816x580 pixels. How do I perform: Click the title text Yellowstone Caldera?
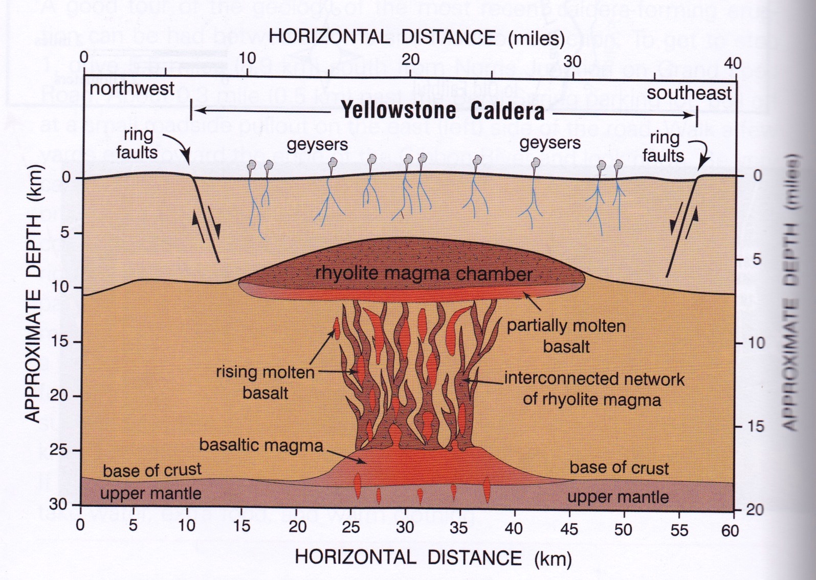coord(443,110)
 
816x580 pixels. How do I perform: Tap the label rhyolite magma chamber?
coord(424,274)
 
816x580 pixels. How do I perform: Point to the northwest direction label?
coord(132,88)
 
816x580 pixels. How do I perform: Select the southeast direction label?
coord(689,93)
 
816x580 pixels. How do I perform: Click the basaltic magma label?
coord(261,445)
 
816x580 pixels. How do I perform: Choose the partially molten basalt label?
coord(566,336)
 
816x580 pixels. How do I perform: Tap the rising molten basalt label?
coord(265,382)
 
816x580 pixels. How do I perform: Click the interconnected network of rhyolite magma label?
coord(593,389)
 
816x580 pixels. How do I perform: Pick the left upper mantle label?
coord(150,494)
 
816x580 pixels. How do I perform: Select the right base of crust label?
coord(619,467)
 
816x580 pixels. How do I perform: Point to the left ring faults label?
coord(137,144)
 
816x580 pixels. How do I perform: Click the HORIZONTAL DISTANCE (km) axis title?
coord(433,557)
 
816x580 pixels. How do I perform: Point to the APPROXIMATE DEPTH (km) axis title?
coord(33,294)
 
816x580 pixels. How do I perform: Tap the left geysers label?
coord(317,145)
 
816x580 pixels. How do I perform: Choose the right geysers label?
coord(550,143)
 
